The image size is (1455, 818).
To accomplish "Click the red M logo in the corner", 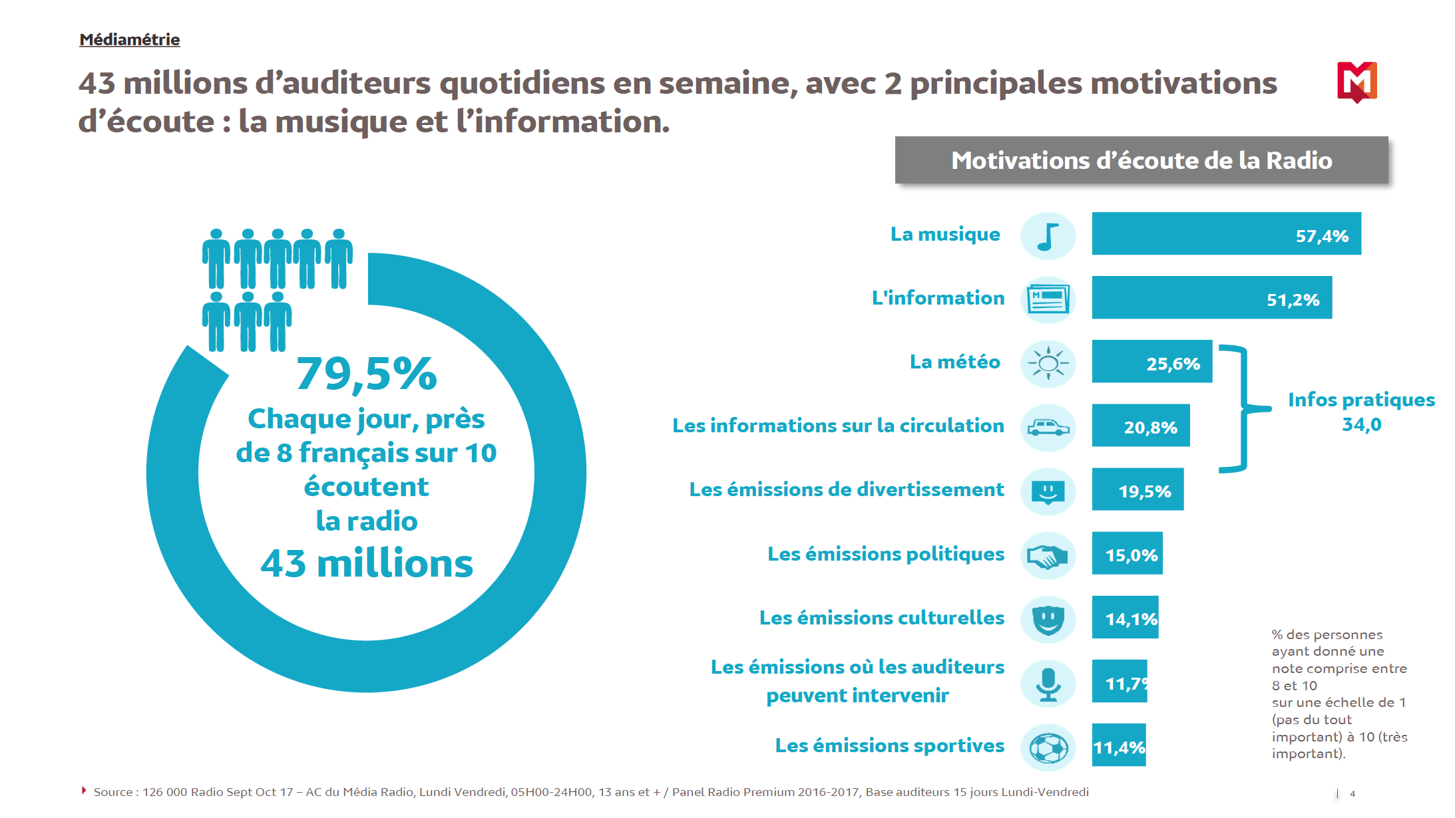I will click(x=1356, y=82).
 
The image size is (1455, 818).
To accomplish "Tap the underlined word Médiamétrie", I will click(x=129, y=40).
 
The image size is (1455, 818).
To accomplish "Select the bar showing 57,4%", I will click(x=1225, y=234).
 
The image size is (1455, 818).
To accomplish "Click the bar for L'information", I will click(x=1211, y=298).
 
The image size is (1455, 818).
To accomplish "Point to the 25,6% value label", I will click(x=1173, y=364).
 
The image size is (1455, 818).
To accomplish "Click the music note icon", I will click(x=1048, y=236).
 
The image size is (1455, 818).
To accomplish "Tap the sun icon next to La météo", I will click(x=1048, y=364).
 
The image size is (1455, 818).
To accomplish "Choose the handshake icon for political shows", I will click(x=1048, y=556).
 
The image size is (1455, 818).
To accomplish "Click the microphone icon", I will click(x=1048, y=684).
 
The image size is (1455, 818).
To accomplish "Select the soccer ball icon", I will click(x=1048, y=748).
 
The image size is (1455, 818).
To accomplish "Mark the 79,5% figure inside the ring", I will click(x=366, y=374).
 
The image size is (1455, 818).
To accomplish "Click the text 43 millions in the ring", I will click(x=366, y=563).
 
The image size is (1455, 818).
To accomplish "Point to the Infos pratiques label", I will click(x=1361, y=400).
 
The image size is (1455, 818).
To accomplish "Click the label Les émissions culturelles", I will click(x=881, y=618).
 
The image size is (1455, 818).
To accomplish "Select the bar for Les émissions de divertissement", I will click(x=1137, y=489).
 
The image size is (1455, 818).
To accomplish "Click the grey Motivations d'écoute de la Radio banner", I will click(x=1141, y=160).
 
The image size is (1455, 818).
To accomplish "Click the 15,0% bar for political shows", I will click(x=1127, y=553).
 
